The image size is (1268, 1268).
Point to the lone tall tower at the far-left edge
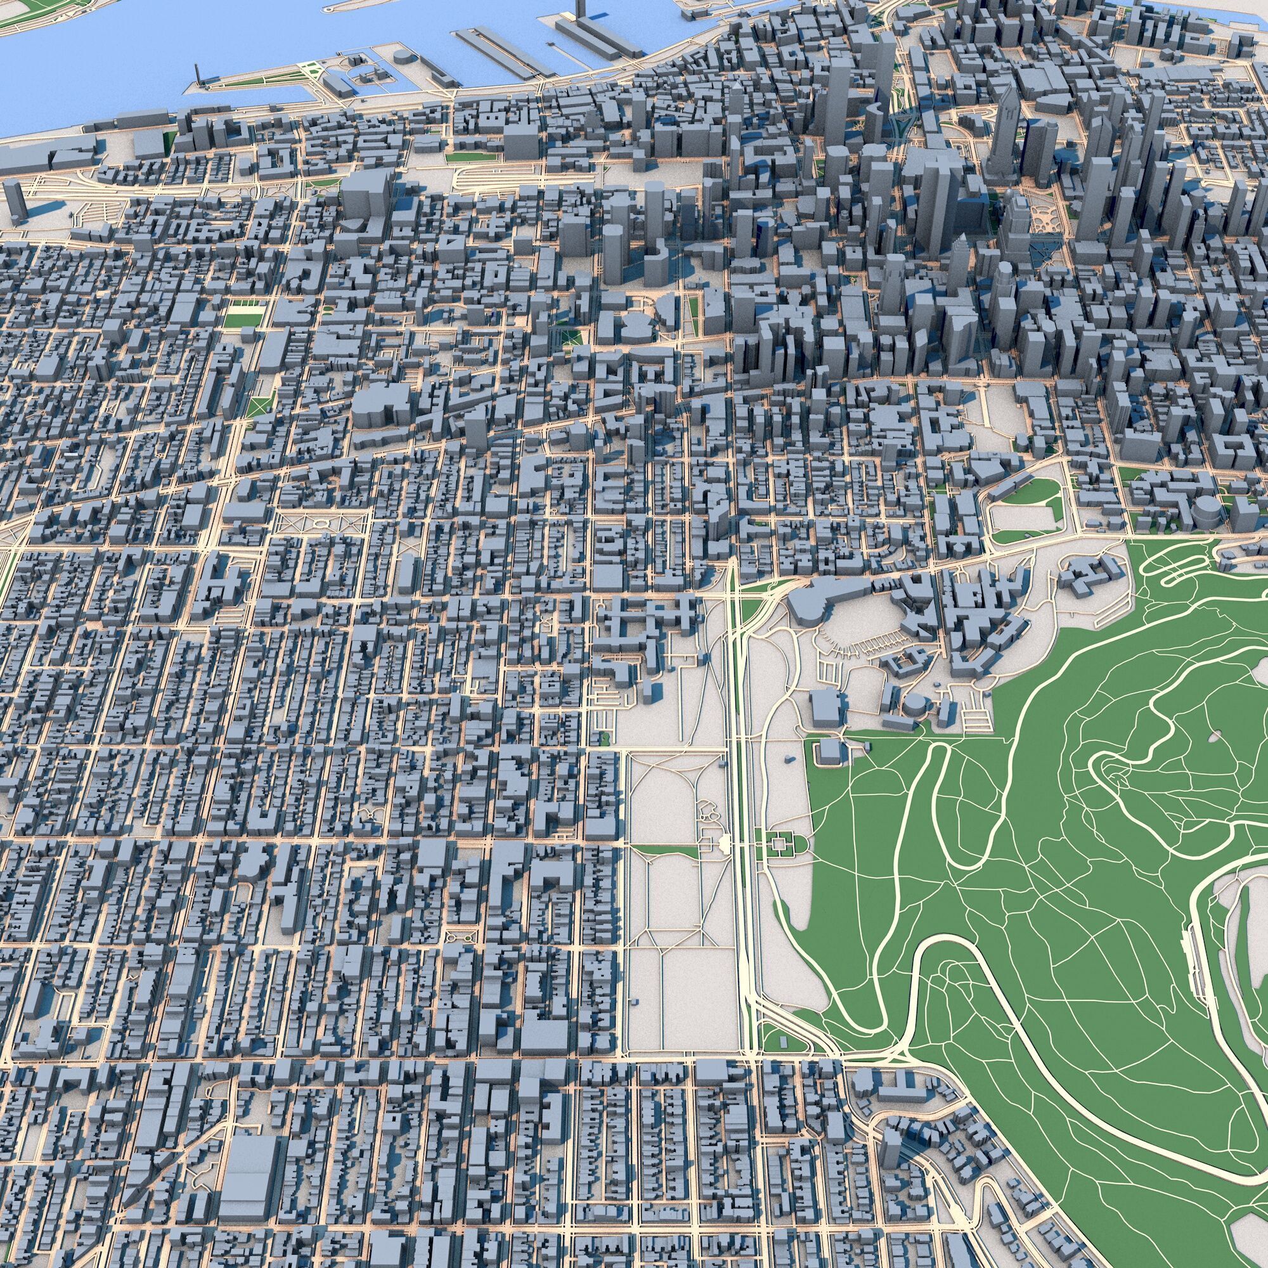(x=15, y=200)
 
